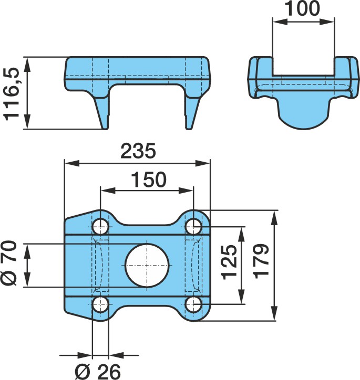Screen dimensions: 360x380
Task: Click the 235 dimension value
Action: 138,151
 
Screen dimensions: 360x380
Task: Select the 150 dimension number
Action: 149,180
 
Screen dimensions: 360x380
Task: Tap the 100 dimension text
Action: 303,8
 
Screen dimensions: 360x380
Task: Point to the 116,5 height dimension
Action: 11,94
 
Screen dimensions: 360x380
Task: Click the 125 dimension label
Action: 230,262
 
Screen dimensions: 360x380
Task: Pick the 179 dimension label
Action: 261,261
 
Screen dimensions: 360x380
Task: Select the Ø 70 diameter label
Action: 9,263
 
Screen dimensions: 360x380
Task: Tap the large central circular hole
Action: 147,266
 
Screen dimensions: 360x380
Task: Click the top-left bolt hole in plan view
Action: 100,227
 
